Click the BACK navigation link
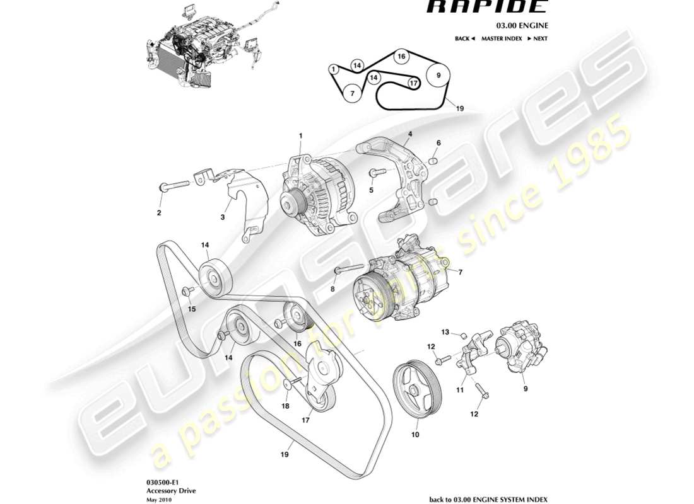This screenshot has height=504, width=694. point(464,38)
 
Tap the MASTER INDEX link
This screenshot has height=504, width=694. point(501,38)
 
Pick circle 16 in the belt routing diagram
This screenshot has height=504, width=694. point(401,57)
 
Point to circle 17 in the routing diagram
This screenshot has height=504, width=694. point(413,83)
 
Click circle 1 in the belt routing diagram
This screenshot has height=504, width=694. point(332,69)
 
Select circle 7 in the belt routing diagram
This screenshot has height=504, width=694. point(353,94)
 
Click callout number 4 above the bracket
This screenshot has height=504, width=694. point(409,134)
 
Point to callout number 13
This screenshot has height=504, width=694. point(444,332)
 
